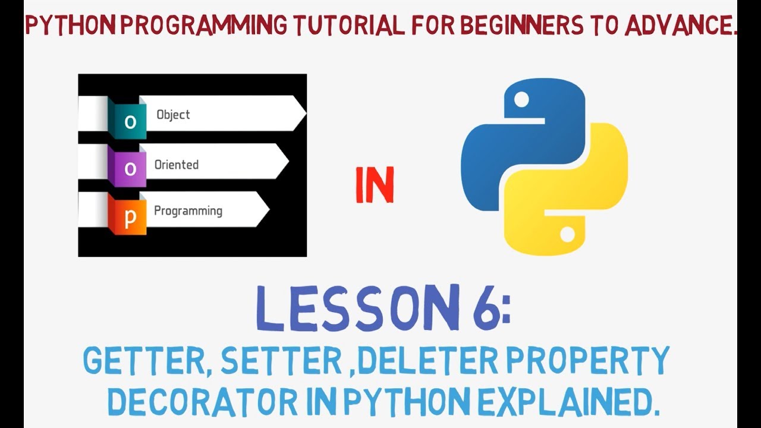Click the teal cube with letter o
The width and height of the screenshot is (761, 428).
[129, 121]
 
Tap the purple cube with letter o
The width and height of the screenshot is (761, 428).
[129, 169]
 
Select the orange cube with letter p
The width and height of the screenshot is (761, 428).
[129, 218]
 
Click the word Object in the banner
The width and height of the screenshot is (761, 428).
[173, 115]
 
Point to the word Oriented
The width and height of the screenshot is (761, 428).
[177, 165]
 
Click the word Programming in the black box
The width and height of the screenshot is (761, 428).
[188, 211]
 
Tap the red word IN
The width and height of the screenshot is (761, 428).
[375, 185]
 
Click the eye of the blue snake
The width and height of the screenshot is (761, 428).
[521, 99]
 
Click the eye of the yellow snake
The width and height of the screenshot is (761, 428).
[567, 234]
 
